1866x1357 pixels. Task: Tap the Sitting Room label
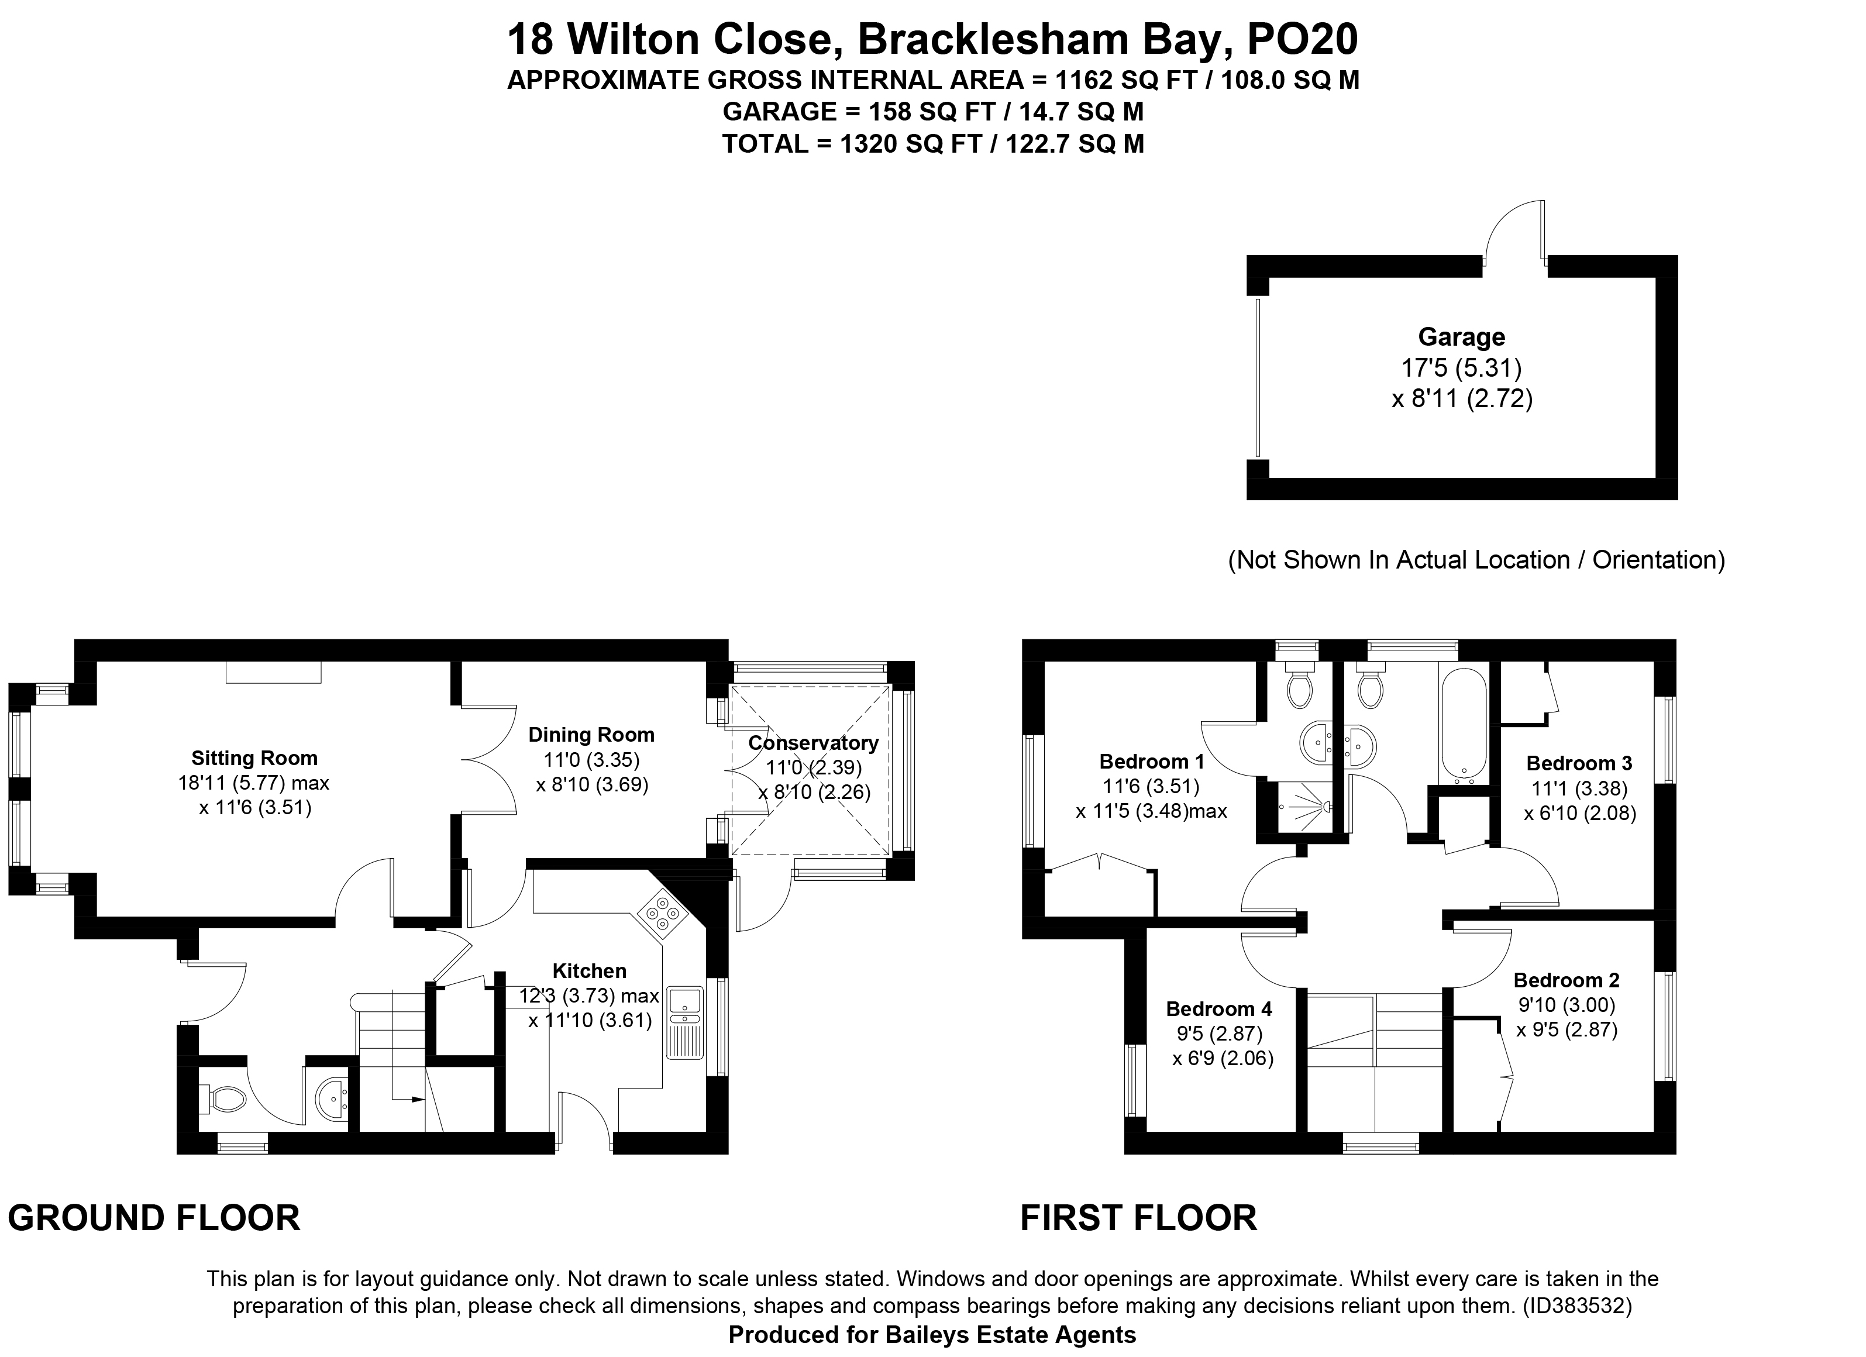tap(254, 758)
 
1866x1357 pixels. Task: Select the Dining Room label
tap(591, 735)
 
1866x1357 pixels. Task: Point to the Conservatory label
tap(813, 743)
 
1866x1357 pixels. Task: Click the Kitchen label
tap(589, 971)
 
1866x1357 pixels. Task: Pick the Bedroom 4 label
tap(1219, 1009)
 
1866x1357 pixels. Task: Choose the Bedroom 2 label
tap(1567, 980)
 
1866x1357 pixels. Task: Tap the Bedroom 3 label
tap(1579, 763)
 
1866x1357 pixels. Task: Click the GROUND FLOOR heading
tap(154, 1218)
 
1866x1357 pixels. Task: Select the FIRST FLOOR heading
tap(1139, 1218)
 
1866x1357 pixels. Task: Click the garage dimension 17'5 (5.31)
tap(1461, 368)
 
